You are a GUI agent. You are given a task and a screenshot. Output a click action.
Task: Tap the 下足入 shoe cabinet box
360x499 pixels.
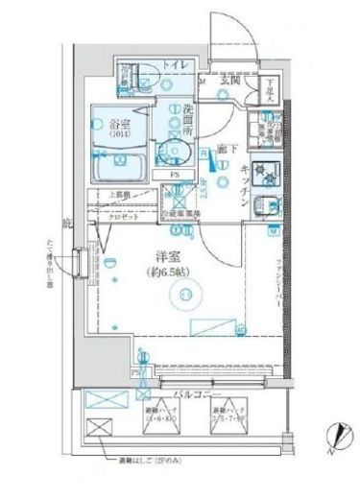tap(272, 88)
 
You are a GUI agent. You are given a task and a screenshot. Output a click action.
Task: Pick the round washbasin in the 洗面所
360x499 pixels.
tap(174, 150)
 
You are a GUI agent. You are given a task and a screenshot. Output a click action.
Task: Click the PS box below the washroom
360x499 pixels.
tap(175, 176)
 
